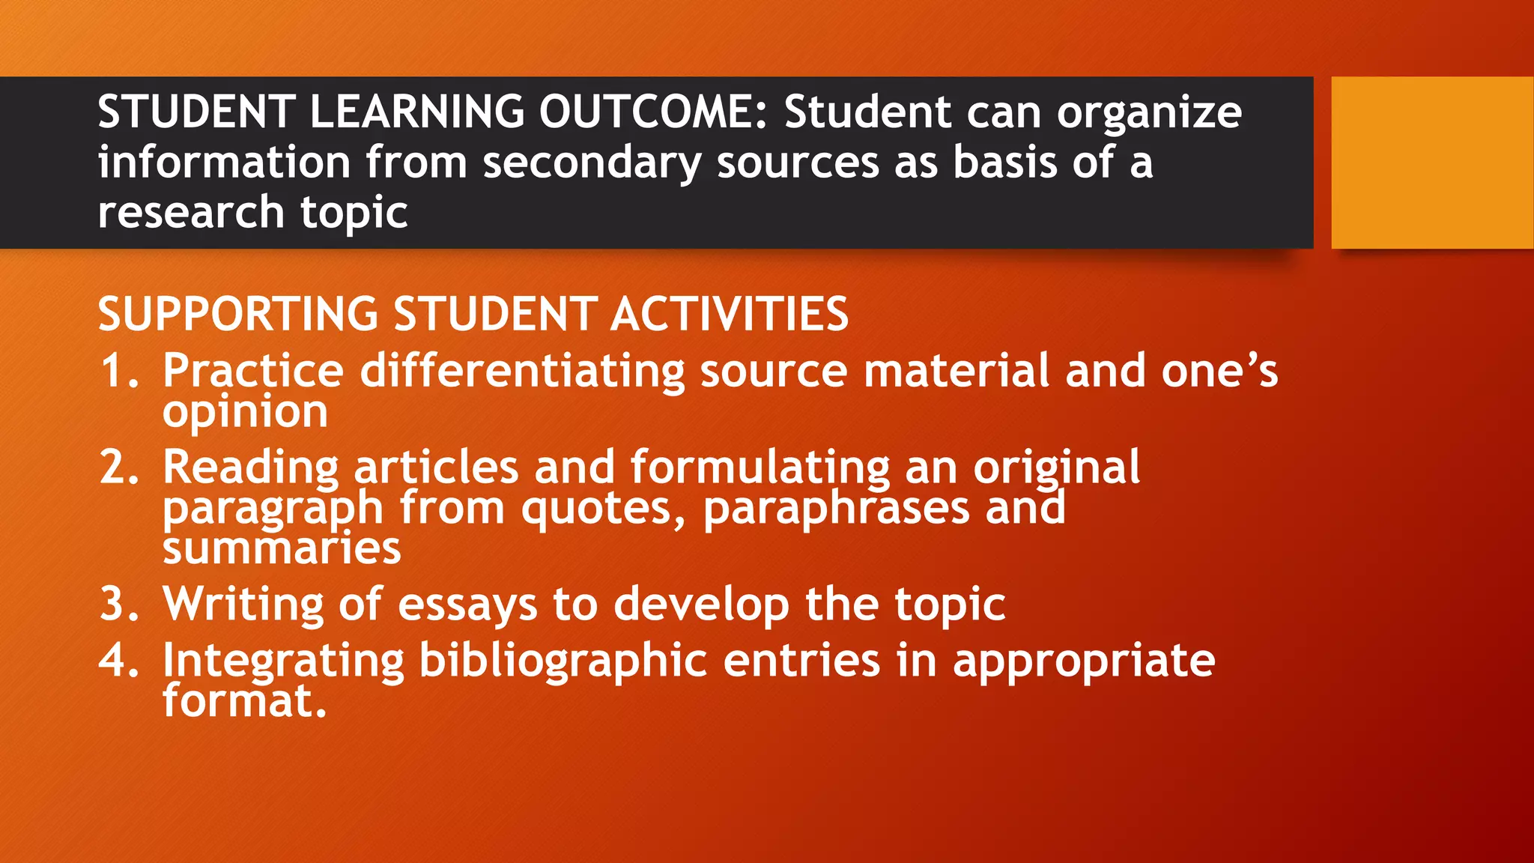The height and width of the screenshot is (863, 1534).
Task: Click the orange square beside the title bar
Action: coord(1432,163)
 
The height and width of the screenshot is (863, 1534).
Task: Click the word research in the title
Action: coord(190,212)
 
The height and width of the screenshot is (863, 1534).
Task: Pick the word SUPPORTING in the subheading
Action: coord(238,314)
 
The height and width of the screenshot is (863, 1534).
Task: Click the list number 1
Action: coord(119,372)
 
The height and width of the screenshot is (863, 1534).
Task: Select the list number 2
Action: coord(119,467)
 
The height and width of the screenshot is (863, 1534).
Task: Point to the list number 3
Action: coord(119,605)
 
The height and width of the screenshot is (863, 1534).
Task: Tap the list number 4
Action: coord(119,661)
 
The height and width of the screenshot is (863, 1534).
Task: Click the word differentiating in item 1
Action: coord(522,372)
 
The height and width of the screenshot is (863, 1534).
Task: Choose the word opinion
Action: coord(245,413)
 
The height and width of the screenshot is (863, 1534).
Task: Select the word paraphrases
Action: coord(836,509)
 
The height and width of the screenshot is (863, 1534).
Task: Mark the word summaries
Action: coord(282,549)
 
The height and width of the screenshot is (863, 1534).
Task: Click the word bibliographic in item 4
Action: coord(563,661)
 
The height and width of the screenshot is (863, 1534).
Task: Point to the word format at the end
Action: coord(239,701)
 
